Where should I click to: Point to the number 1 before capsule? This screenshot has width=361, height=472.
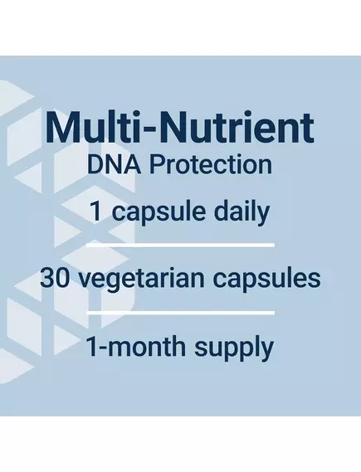pyautogui.click(x=96, y=212)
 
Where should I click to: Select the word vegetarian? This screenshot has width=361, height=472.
pyautogui.click(x=141, y=279)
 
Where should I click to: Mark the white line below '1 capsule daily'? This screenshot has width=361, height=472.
pyautogui.click(x=181, y=246)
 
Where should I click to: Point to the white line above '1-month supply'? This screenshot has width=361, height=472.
pyautogui.click(x=181, y=313)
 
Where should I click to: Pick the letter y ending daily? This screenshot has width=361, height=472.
pyautogui.click(x=264, y=215)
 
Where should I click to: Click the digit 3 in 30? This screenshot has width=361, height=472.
pyautogui.click(x=47, y=277)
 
